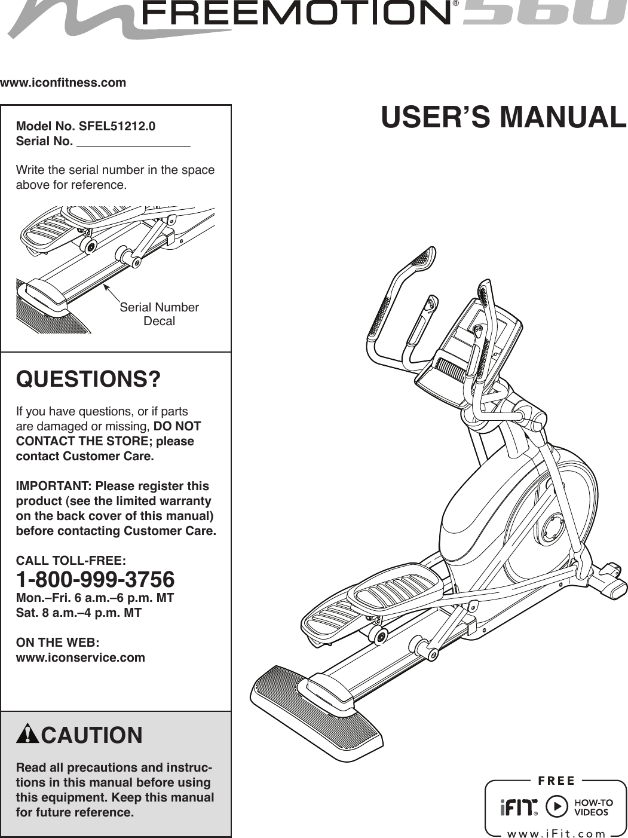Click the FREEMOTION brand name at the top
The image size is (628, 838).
pos(295,13)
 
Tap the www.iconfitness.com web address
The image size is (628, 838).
pos(63,82)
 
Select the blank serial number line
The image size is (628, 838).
pos(134,142)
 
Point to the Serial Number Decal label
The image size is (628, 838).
pos(159,314)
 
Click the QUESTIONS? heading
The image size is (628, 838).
pos(88,379)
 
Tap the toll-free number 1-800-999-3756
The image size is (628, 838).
pos(95,579)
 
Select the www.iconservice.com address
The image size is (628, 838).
pos(80,657)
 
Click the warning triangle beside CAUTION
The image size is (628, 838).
pos(27,734)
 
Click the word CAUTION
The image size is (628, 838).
pos(92,735)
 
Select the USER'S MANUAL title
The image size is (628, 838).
pos(503,117)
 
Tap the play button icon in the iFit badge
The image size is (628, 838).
pos(556,806)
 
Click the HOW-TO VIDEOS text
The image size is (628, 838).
pos(593,808)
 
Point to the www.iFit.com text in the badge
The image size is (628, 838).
pos(556,833)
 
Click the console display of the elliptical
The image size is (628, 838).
pos(472,338)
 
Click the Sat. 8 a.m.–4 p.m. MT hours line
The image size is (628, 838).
pos(78,613)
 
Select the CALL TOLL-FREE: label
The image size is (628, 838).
pos(71,561)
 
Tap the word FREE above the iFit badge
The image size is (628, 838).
pos(556,781)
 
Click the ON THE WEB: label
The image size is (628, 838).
pos(57,643)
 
